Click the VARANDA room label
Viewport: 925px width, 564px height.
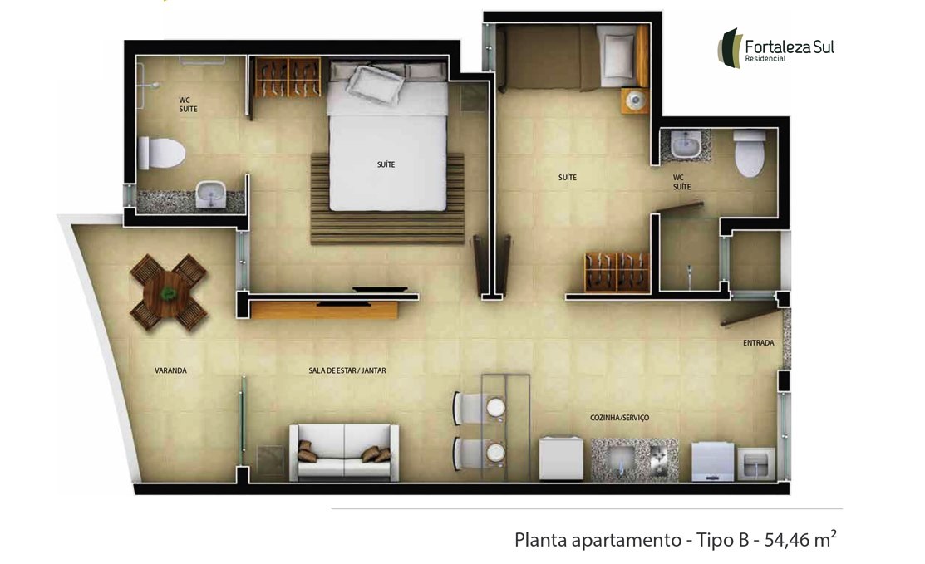pos(170,370)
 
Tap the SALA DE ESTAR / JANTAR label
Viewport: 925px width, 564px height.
pos(347,370)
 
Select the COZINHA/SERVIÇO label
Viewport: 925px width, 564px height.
pos(619,418)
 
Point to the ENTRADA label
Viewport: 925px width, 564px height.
pos(759,343)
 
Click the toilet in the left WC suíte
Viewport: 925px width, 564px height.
pos(161,153)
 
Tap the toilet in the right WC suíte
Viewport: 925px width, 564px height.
pos(750,153)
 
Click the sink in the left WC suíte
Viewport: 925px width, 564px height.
pos(210,194)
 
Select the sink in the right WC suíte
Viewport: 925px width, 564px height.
pos(686,144)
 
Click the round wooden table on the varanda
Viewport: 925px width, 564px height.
pos(169,292)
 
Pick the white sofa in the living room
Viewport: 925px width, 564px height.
pos(344,453)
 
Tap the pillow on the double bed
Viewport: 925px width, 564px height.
pos(375,85)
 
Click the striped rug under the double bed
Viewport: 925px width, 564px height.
pos(387,199)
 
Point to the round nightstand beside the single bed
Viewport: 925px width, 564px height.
pos(635,101)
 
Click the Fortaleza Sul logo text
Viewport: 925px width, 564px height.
pos(790,47)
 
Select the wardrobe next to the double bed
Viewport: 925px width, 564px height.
pos(288,77)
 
